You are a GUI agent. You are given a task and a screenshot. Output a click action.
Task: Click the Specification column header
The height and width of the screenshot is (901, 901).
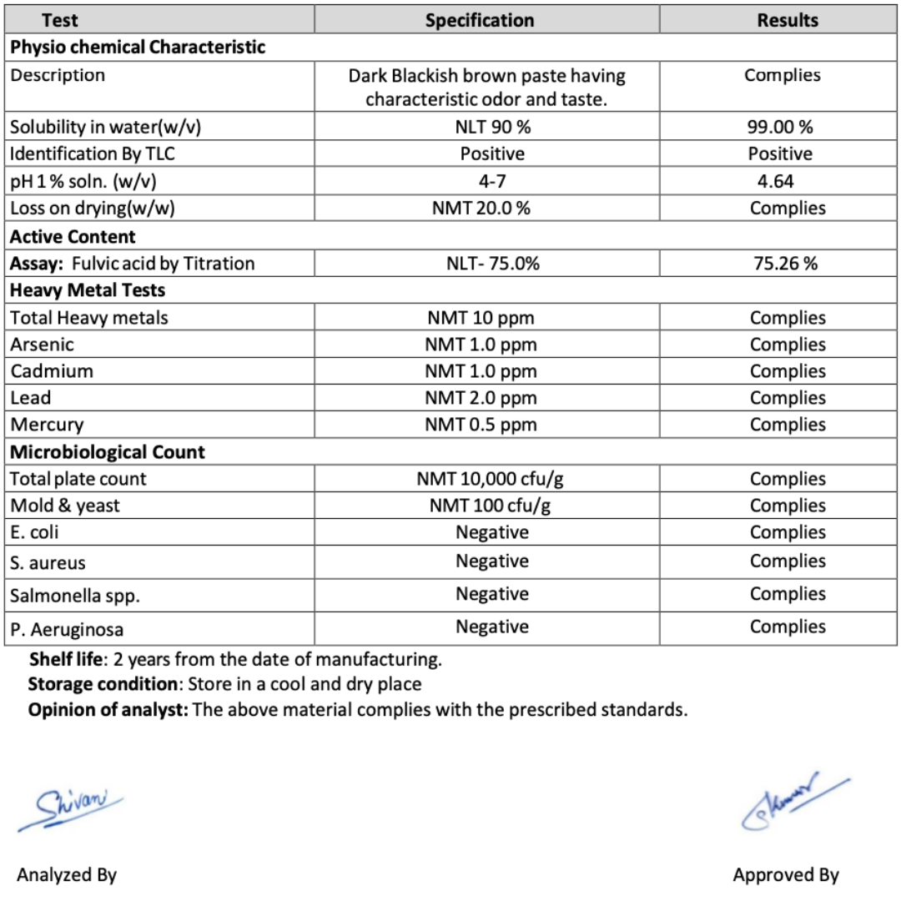pyautogui.click(x=480, y=20)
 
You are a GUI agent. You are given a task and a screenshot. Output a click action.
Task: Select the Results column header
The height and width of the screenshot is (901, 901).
pyautogui.click(x=788, y=20)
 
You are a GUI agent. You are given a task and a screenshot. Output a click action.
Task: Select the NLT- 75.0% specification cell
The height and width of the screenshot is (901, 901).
pyautogui.click(x=492, y=264)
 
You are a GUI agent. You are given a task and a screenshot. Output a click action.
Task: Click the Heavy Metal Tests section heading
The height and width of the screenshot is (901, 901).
pyautogui.click(x=88, y=290)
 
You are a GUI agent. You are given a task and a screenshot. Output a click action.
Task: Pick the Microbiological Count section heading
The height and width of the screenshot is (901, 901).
pyautogui.click(x=108, y=452)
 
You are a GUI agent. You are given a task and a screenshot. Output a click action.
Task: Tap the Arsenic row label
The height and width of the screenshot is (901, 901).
pyautogui.click(x=42, y=344)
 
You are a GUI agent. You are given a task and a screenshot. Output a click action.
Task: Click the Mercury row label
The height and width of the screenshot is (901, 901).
pyautogui.click(x=47, y=425)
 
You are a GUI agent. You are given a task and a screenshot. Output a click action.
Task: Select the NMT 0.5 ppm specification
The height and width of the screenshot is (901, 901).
pyautogui.click(x=481, y=425)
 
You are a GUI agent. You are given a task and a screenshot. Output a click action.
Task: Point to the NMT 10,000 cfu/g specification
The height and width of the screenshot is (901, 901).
pyautogui.click(x=491, y=479)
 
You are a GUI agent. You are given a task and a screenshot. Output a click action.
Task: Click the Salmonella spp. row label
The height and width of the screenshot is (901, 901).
pyautogui.click(x=75, y=596)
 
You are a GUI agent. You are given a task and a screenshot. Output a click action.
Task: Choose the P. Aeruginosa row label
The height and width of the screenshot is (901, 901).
pyautogui.click(x=67, y=629)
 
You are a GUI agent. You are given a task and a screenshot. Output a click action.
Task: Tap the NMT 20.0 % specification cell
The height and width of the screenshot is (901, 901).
pyautogui.click(x=481, y=209)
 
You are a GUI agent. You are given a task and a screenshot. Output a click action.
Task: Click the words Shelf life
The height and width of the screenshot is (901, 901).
pyautogui.click(x=68, y=659)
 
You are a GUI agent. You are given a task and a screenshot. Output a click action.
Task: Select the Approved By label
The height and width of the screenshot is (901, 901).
pyautogui.click(x=786, y=874)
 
